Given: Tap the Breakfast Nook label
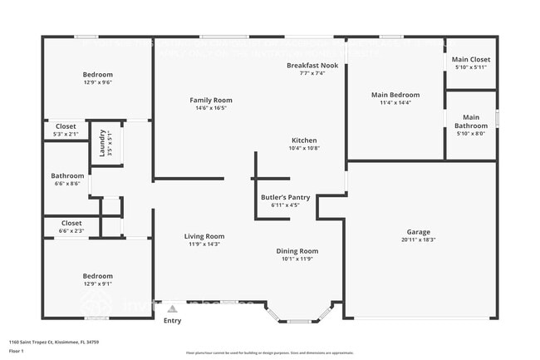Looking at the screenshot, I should (312, 65).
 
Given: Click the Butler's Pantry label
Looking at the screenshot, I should (285, 197).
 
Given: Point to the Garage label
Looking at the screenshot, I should (418, 231).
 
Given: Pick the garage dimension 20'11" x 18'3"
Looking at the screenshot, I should (418, 239).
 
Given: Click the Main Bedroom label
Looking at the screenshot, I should (395, 95).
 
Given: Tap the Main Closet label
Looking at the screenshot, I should (470, 60).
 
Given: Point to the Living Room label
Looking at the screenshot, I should (204, 236).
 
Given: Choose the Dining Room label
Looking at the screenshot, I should (297, 250).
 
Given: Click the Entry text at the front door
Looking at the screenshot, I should (172, 320).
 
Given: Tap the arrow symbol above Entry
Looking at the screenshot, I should (172, 308).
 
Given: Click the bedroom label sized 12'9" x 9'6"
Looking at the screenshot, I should (97, 74).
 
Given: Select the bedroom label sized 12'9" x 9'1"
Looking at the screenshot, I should (97, 275).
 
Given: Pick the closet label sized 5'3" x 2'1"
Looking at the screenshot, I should (66, 126).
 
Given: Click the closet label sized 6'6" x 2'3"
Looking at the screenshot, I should (71, 223).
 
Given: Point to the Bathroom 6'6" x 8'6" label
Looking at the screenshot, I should (67, 175).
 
